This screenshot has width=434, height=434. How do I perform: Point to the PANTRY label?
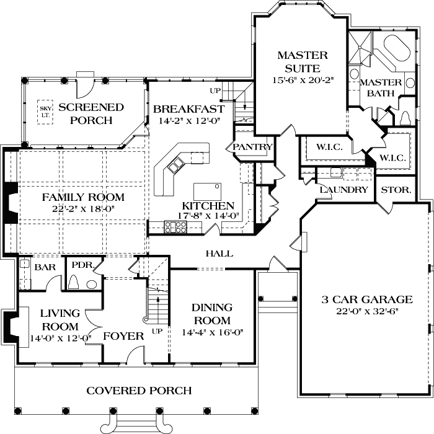252,147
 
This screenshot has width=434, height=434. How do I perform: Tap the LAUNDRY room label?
344,190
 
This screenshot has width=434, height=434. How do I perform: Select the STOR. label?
396,190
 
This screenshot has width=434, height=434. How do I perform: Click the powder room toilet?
74,283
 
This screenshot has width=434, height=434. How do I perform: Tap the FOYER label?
123,336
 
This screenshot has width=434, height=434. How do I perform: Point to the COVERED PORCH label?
139,391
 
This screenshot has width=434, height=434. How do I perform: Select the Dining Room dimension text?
212,332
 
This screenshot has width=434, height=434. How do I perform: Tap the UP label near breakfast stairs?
216,91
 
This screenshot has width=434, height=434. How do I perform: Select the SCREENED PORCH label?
95,113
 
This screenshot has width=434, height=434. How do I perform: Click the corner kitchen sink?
175,164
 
